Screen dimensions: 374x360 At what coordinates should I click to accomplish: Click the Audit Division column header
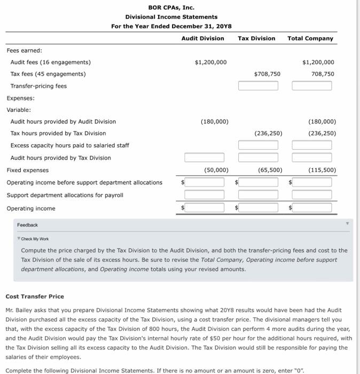(202, 38)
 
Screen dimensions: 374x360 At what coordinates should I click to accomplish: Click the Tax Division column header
(256, 38)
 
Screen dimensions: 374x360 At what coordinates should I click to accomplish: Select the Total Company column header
(310, 38)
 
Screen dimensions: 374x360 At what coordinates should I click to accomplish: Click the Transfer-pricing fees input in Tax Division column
(258, 86)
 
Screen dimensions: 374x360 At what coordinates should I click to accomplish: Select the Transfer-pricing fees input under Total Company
(312, 86)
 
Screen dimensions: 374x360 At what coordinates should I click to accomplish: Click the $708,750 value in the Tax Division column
(267, 74)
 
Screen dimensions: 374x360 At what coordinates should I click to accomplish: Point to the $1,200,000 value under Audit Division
(210, 62)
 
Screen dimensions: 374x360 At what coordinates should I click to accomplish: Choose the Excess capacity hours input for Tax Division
(258, 145)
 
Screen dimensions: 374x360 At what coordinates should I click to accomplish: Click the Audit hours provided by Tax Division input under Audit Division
(205, 158)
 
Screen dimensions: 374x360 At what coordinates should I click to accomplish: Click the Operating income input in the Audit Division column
(205, 208)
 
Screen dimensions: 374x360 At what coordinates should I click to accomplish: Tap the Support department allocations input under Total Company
(312, 195)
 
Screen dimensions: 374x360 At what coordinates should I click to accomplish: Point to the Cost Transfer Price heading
(34, 296)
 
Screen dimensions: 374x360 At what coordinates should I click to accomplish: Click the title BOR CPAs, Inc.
(171, 7)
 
